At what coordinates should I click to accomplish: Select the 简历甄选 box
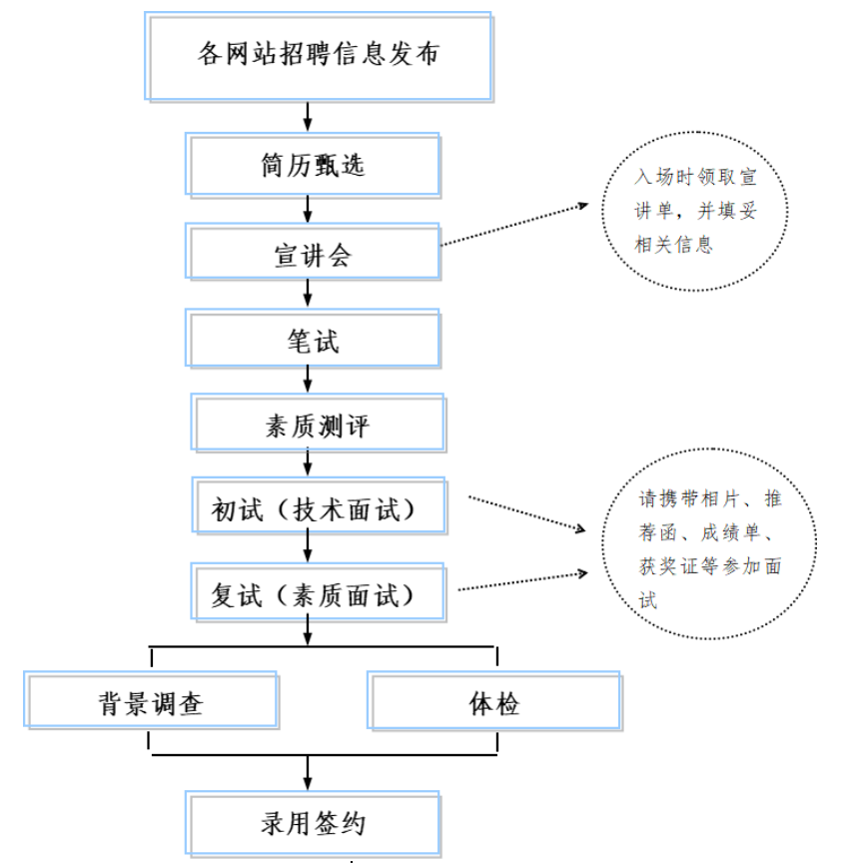pos(312,165)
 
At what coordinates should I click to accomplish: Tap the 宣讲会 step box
pos(313,253)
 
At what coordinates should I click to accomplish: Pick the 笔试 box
pos(313,341)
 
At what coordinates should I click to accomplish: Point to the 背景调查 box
pos(151,700)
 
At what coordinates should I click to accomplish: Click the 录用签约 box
pos(312,824)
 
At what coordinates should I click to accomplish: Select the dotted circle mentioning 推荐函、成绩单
pos(710,548)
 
